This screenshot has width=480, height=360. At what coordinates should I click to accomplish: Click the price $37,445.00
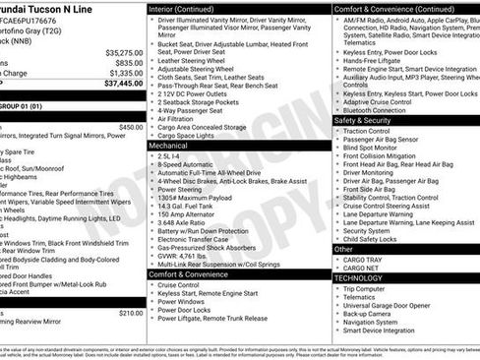123,84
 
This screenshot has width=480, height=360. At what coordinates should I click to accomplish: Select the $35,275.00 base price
124,51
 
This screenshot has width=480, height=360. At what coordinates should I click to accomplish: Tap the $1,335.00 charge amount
125,73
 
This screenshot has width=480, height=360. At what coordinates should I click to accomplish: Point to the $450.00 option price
130,127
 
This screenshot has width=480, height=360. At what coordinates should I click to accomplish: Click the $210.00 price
130,313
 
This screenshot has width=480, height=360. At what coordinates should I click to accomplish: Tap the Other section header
343,249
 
